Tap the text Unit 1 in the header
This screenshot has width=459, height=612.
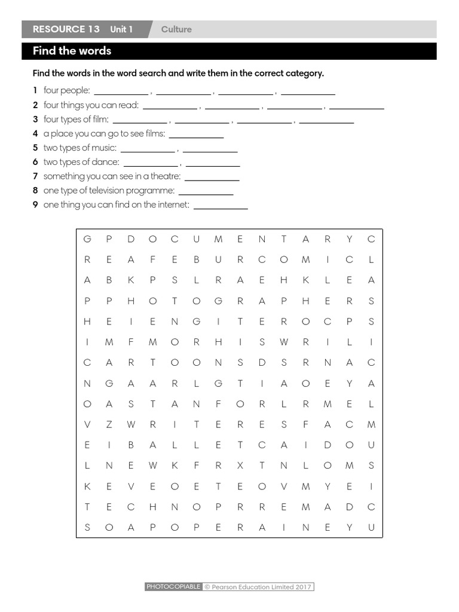click(121, 29)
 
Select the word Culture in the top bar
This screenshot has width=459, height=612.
click(176, 29)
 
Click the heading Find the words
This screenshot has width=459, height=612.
click(72, 51)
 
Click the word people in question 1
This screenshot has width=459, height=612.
click(77, 90)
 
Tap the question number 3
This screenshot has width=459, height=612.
click(36, 120)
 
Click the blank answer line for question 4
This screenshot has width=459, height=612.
click(196, 134)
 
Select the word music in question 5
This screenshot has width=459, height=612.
click(105, 148)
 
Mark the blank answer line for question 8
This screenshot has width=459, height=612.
click(206, 191)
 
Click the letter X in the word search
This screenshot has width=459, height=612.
click(240, 466)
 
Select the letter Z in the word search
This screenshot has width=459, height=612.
click(109, 424)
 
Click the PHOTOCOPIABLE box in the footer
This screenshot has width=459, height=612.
click(173, 587)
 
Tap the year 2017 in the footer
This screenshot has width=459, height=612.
click(303, 587)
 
